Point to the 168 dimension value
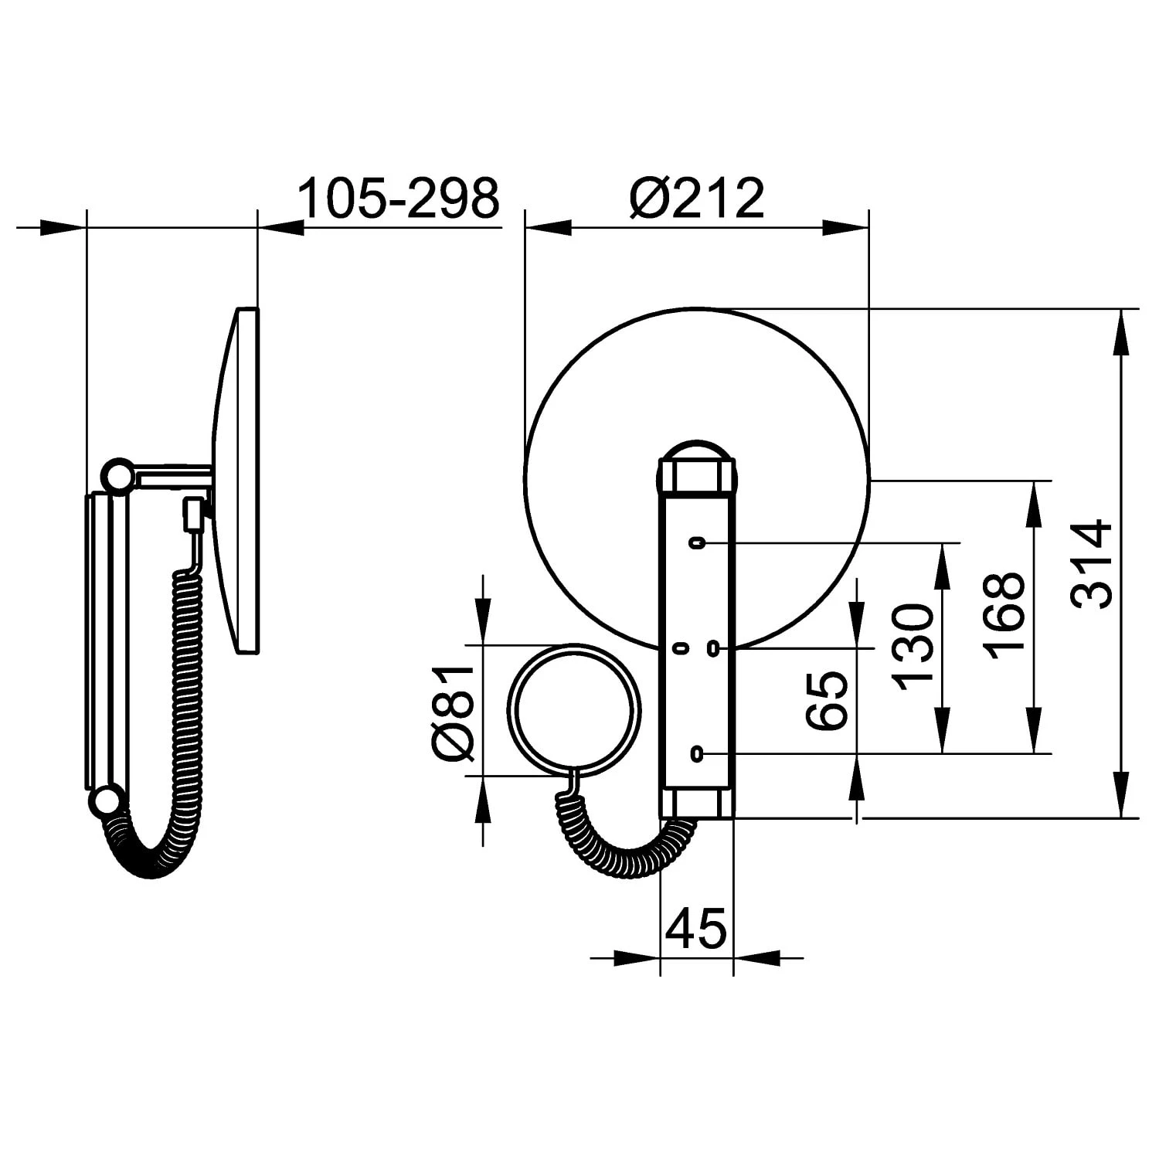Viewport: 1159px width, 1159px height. pos(1005,615)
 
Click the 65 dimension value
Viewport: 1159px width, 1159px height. pos(827,700)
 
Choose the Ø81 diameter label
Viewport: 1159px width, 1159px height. pos(453,711)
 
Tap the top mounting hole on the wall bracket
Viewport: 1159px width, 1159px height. pos(698,543)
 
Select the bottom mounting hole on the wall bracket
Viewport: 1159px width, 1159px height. pos(698,752)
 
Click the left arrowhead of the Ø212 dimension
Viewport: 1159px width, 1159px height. pos(547,228)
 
